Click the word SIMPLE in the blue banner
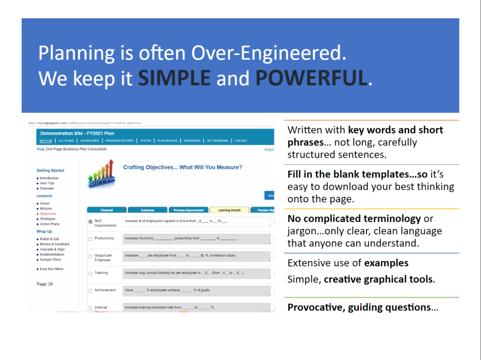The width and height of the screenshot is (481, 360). click(x=174, y=78)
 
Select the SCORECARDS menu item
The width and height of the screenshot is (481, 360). click(x=90, y=140)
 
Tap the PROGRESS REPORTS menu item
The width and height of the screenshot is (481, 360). click(x=119, y=140)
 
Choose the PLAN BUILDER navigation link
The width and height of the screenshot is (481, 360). click(x=167, y=140)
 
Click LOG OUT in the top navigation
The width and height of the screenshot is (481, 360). click(x=240, y=140)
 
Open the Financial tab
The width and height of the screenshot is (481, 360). click(x=107, y=210)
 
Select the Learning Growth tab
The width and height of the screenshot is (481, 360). click(x=229, y=210)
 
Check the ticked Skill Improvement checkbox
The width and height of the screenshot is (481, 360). click(x=91, y=221)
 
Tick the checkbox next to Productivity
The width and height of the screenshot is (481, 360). click(x=91, y=239)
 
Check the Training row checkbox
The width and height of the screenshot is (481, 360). click(x=91, y=273)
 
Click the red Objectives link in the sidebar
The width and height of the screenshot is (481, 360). click(x=48, y=214)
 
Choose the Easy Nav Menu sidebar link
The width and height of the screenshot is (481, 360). click(x=52, y=269)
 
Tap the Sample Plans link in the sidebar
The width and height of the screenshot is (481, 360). click(x=50, y=260)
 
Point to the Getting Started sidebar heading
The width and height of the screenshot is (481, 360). click(x=50, y=170)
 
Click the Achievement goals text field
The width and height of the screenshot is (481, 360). click(x=196, y=291)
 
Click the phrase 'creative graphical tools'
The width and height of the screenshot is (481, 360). click(x=379, y=280)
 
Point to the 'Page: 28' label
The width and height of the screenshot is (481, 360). click(x=45, y=284)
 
